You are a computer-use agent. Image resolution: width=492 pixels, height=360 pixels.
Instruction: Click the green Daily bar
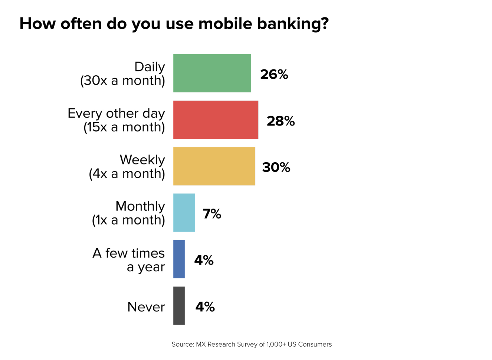[212, 73]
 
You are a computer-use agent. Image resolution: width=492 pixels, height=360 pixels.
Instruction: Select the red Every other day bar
[216, 120]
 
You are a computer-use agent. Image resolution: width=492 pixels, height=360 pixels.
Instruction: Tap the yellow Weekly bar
[214, 166]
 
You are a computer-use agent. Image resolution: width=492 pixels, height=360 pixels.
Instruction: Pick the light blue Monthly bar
[184, 213]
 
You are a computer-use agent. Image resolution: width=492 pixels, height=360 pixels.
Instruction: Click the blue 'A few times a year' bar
[179, 259]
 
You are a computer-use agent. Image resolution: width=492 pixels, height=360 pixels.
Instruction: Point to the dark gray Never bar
[179, 305]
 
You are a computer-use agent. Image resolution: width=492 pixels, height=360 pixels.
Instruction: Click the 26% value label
[274, 75]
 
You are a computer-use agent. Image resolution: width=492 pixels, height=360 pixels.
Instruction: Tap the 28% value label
[281, 121]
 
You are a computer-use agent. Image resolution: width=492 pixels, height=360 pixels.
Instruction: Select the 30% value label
[276, 167]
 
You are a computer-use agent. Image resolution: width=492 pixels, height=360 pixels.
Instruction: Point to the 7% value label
[212, 214]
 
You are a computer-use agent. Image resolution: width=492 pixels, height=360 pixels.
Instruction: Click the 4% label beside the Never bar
[205, 307]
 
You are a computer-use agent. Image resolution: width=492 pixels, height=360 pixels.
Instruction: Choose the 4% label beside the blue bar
[204, 260]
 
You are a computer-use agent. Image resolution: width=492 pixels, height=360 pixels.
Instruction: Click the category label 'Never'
[146, 307]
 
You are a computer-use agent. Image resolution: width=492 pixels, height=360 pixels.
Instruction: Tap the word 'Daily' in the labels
[150, 67]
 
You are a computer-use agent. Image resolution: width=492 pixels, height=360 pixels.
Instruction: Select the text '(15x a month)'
[124, 127]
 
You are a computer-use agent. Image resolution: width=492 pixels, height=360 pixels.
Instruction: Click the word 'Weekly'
[142, 160]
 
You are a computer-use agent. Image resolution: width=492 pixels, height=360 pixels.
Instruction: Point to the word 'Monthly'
[140, 206]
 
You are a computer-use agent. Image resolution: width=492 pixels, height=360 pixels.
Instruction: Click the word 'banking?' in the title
[293, 24]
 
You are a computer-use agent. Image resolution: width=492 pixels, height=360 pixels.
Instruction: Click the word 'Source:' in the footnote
[183, 344]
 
